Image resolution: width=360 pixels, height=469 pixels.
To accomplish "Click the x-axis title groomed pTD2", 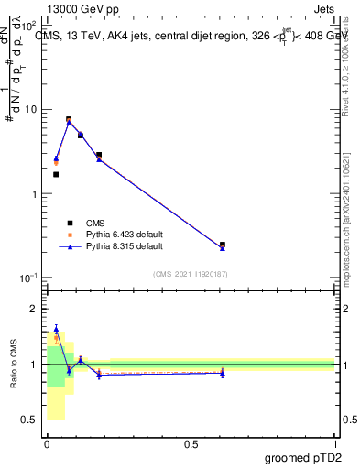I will click(302, 457).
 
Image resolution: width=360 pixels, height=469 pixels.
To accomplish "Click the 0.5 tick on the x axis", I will click(191, 443).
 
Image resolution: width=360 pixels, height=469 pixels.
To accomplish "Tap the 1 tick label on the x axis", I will click(334, 443).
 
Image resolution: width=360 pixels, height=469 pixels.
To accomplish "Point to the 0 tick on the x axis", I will click(48, 443).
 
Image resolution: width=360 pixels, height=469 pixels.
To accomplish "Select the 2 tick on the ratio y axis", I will click(37, 310).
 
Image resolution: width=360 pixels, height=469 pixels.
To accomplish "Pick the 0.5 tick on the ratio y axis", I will click(33, 420).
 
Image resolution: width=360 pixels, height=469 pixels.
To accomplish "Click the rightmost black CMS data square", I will click(223, 245).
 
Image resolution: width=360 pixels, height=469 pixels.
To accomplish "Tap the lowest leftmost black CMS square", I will click(56, 174).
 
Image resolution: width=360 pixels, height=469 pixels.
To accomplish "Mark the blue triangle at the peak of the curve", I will click(69, 122).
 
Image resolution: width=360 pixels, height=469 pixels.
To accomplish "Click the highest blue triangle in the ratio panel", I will click(56, 329).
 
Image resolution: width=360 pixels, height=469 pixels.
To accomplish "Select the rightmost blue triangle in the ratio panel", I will click(223, 374).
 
